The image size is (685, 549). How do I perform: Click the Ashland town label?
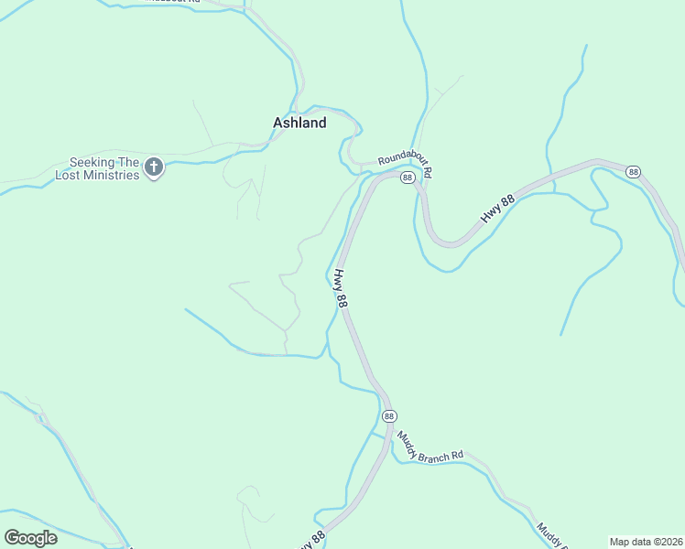coord(299,123)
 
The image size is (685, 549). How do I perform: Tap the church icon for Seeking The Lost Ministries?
coord(154,167)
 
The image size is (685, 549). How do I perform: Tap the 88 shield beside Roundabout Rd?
coord(408,177)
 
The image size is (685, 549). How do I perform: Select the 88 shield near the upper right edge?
coord(633,171)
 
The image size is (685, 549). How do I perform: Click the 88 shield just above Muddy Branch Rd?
coord(389,416)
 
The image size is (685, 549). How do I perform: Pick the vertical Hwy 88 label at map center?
coord(341,288)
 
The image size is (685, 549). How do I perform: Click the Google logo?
coord(31,537)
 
